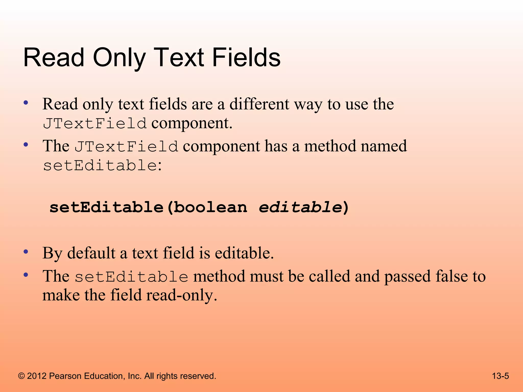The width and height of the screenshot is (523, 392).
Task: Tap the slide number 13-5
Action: pos(500,376)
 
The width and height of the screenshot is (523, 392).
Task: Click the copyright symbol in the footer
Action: pos(22,376)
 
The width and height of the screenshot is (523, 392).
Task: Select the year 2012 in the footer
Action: pos(37,376)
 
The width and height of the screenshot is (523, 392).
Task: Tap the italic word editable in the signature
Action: pos(300,207)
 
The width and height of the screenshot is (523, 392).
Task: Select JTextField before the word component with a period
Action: pos(95,124)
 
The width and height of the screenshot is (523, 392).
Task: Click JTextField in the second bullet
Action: pos(126,146)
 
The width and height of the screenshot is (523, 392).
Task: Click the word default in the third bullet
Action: pos(91,253)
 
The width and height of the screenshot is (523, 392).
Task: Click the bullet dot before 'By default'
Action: pos(26,252)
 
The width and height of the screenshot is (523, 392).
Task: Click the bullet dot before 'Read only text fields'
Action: pos(26,103)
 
